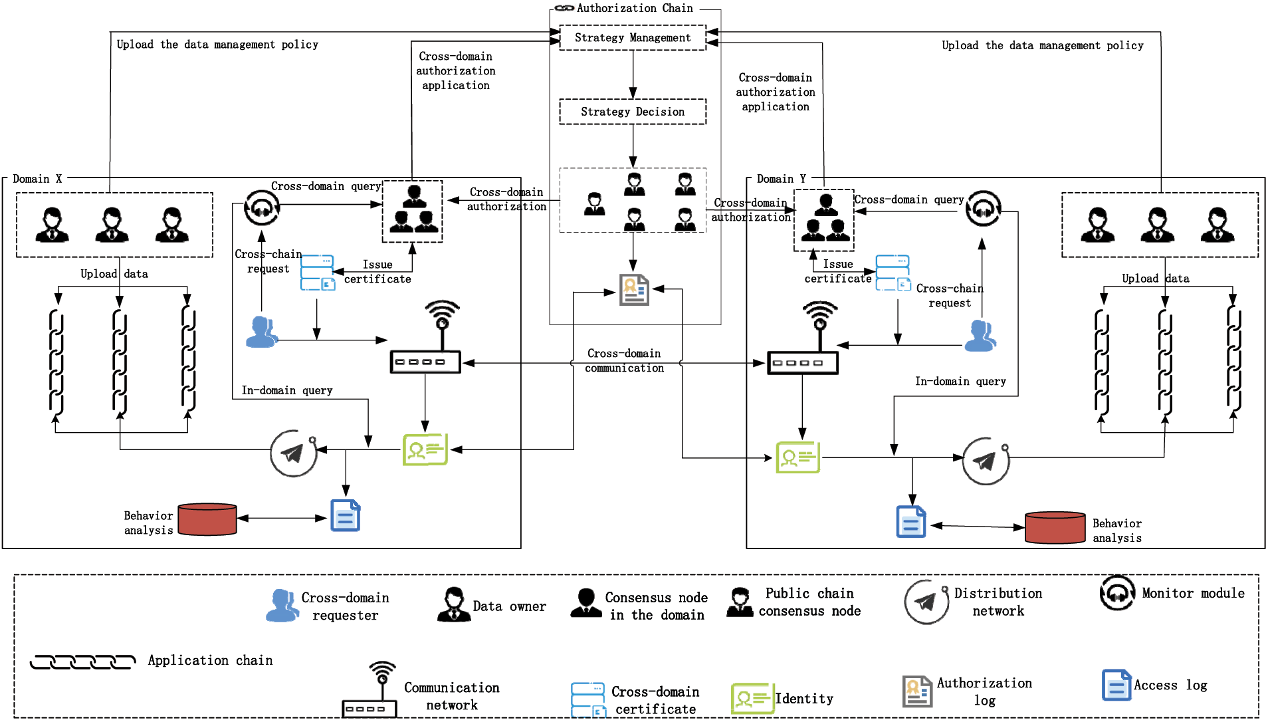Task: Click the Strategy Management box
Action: point(632,38)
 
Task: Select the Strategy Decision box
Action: point(632,112)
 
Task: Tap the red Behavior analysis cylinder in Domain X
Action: point(207,519)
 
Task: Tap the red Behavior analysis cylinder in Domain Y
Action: point(1055,527)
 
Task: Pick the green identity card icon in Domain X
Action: point(425,450)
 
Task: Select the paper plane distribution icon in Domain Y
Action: point(986,461)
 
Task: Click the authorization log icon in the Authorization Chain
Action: point(634,290)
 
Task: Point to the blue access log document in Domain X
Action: point(346,516)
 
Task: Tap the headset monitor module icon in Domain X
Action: point(262,208)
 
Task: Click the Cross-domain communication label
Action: point(624,360)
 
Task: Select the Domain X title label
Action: point(37,179)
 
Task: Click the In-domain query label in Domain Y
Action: point(960,382)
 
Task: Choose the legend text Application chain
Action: point(210,660)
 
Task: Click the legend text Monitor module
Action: point(1193,593)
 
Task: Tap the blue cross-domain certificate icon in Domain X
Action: point(317,273)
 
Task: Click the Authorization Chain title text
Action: point(634,8)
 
